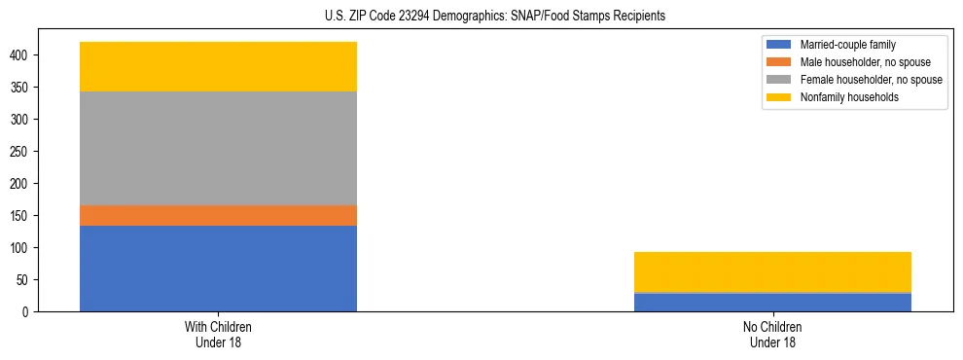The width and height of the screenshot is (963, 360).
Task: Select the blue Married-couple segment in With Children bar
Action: [218, 269]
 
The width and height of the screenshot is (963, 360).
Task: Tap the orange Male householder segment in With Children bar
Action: [218, 215]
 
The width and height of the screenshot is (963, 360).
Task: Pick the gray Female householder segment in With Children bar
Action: [218, 148]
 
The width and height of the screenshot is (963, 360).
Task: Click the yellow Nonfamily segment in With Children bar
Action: [218, 66]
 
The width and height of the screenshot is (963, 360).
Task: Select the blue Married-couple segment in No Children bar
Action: [772, 302]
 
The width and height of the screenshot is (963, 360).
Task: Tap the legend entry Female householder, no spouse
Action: [869, 80]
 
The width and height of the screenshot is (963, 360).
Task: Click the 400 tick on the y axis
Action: [24, 55]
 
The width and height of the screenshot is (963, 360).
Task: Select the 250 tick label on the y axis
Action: [24, 152]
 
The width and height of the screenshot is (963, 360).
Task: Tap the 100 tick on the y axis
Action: [24, 248]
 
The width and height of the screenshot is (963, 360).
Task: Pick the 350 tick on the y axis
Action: [24, 88]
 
